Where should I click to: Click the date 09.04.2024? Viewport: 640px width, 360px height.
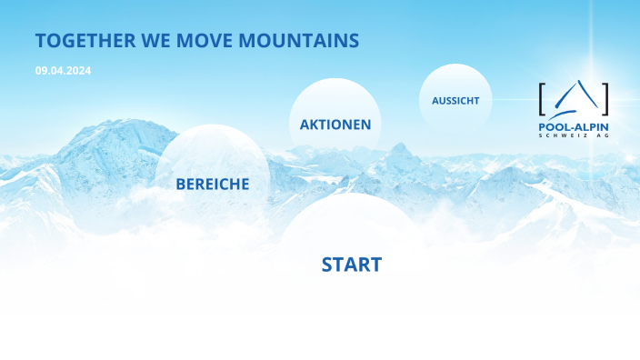coord(64,70)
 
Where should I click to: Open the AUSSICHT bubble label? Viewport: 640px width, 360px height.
coord(455,101)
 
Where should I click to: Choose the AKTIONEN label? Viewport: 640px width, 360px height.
coord(335,125)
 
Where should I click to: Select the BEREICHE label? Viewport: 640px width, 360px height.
coord(212,184)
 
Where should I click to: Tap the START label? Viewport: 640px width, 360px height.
coord(352,265)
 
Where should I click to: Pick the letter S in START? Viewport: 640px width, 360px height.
coord(328,265)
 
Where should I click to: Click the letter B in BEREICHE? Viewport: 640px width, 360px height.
coord(181,184)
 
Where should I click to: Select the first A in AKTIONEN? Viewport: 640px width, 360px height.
coord(305,125)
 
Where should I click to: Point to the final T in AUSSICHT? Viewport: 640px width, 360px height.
coord(475,101)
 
